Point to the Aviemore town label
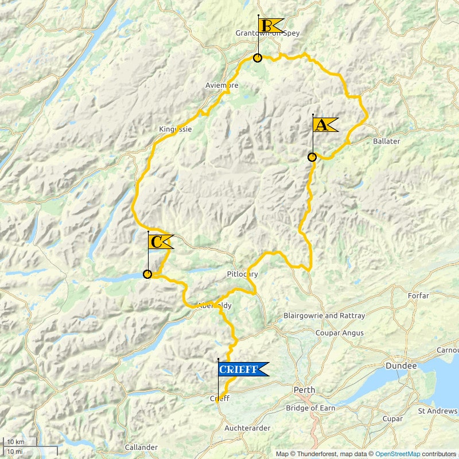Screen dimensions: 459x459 tap(221, 85)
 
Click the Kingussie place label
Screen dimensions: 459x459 tap(175, 130)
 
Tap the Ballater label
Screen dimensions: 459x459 tap(386, 141)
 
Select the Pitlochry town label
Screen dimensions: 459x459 tap(243, 274)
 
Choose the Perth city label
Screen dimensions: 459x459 tap(304, 390)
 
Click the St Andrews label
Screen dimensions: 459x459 tap(437, 411)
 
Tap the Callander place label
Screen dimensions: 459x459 tap(141, 448)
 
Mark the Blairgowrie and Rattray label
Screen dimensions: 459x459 tap(324, 316)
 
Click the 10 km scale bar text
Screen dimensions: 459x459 tap(15, 442)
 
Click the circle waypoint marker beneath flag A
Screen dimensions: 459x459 tap(312, 157)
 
